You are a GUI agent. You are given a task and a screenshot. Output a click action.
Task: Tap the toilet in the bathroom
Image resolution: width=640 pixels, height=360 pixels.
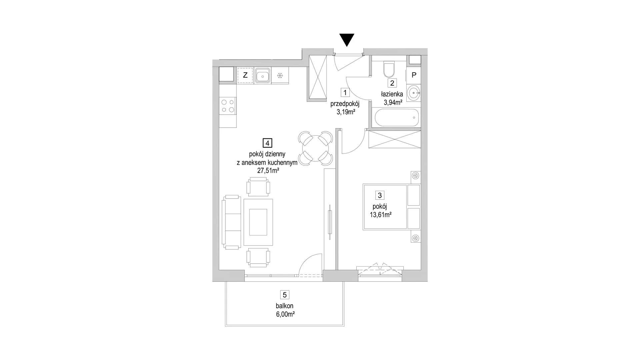click(388, 69)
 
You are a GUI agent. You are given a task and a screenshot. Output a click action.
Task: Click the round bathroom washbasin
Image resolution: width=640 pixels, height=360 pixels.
click(414, 93)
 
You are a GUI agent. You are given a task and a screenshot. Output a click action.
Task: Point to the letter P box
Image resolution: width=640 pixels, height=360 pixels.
click(414, 75)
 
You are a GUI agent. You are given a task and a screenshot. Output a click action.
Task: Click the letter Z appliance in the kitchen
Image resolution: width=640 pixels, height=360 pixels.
click(245, 75)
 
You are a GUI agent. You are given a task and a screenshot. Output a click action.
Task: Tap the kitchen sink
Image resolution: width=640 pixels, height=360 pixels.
click(263, 75)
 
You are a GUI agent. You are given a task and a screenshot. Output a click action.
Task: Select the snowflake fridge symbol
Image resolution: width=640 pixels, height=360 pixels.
click(280, 76)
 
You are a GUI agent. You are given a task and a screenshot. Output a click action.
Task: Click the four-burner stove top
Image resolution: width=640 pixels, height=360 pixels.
click(228, 106)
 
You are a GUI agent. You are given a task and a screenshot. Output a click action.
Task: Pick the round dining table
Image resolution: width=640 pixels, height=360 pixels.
click(315, 148)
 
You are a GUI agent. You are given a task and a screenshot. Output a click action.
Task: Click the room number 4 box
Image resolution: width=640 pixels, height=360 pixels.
click(267, 143)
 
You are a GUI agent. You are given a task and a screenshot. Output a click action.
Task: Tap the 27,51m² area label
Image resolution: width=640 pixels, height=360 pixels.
click(268, 171)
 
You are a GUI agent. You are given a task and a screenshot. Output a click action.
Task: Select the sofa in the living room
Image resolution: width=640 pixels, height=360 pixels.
click(232, 222)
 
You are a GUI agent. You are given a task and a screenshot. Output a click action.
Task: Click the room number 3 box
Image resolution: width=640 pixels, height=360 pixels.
click(380, 195)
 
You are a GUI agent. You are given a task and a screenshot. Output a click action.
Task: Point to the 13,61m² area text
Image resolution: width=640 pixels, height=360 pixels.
click(380, 215)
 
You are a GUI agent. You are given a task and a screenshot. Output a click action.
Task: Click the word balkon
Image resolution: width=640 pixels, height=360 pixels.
click(284, 306)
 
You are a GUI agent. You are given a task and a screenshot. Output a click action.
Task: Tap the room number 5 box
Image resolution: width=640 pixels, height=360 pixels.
click(284, 295)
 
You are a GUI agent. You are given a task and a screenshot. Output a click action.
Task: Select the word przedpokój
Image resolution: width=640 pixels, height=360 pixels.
click(345, 104)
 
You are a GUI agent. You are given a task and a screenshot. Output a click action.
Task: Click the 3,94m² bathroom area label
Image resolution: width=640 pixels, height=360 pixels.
click(393, 102)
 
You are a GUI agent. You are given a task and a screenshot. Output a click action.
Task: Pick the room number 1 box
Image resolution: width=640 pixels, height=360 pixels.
click(345, 92)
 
